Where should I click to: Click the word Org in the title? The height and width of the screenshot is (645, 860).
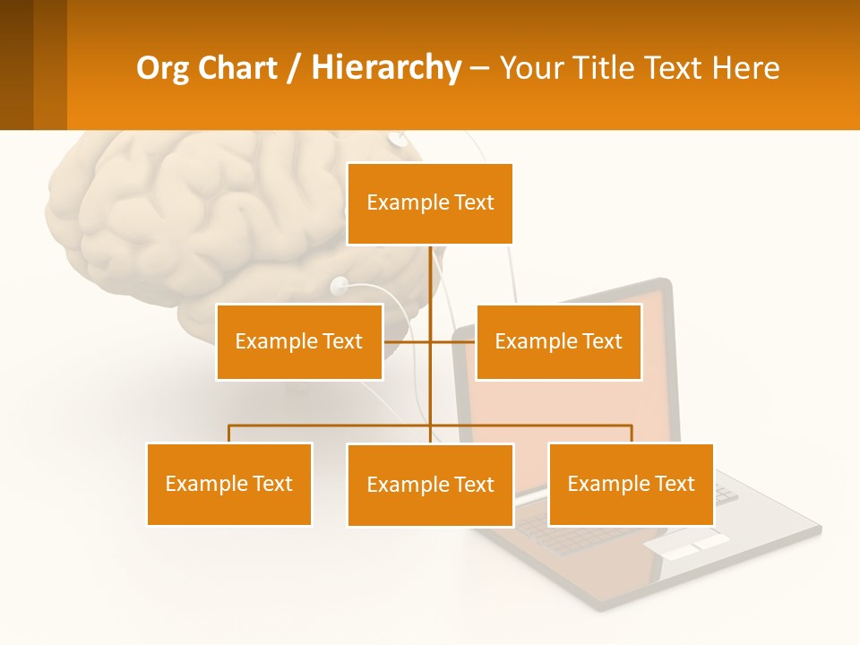click(163, 68)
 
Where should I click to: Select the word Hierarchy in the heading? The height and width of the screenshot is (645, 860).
click(386, 68)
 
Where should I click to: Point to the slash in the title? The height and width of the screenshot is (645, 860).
click(294, 68)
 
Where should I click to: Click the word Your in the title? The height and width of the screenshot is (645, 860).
click(533, 68)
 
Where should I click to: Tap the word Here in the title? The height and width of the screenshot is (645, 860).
click(744, 68)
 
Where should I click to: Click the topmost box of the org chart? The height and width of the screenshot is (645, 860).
click(430, 203)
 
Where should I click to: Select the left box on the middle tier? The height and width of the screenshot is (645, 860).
click(299, 341)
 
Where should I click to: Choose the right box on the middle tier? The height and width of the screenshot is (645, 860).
click(558, 341)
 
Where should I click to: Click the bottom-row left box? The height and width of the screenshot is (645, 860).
click(229, 484)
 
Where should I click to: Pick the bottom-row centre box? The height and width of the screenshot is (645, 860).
click(430, 485)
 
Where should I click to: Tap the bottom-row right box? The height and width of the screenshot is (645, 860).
click(631, 484)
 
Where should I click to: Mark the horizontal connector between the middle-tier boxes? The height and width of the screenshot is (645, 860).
click(408, 341)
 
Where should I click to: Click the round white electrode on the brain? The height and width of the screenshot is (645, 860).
click(340, 287)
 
